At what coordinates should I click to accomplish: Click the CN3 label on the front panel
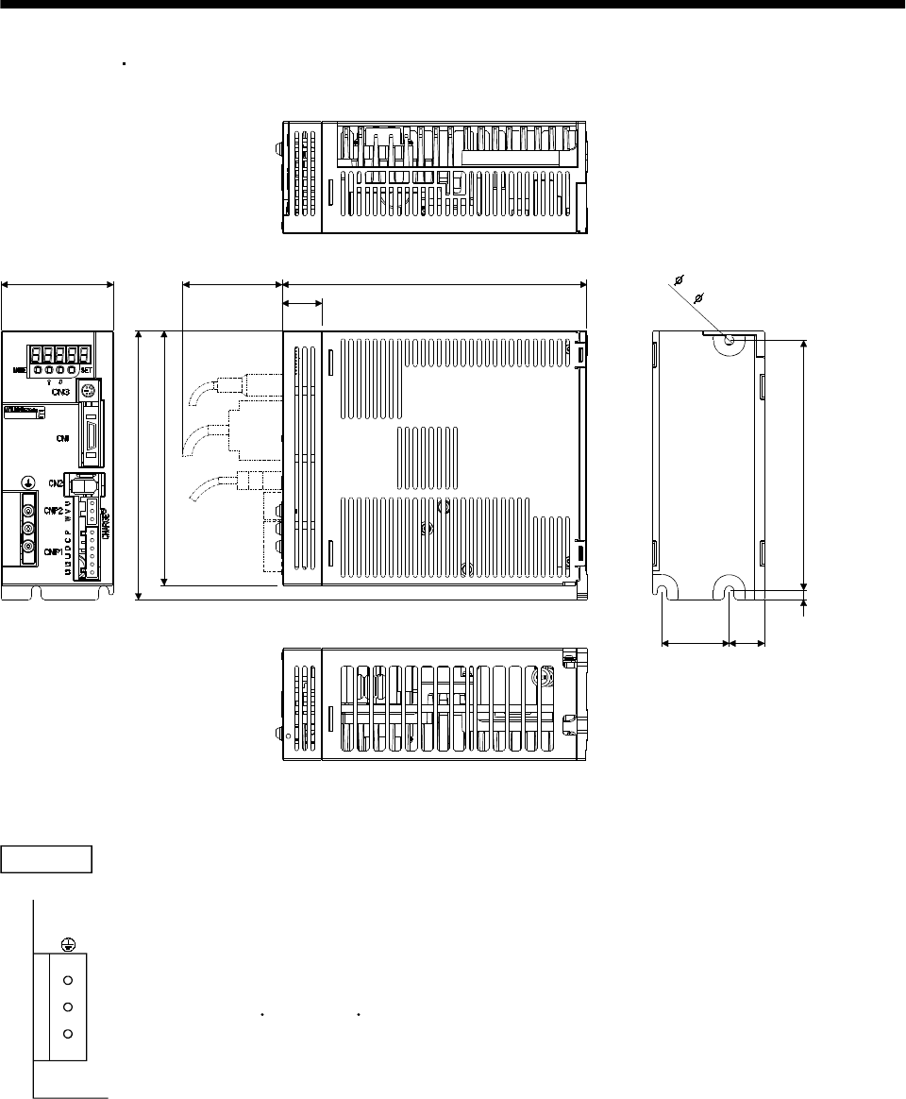click(59, 390)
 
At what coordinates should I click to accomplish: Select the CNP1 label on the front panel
click(52, 552)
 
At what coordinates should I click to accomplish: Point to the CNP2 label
click(52, 511)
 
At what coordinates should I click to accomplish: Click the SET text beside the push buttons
click(98, 370)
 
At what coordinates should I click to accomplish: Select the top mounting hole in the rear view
click(729, 339)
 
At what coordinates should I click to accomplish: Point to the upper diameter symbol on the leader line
click(678, 279)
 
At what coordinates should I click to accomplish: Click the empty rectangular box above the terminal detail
click(46, 860)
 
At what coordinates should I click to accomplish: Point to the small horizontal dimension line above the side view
click(302, 303)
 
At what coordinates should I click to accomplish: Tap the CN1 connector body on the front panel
click(92, 432)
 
